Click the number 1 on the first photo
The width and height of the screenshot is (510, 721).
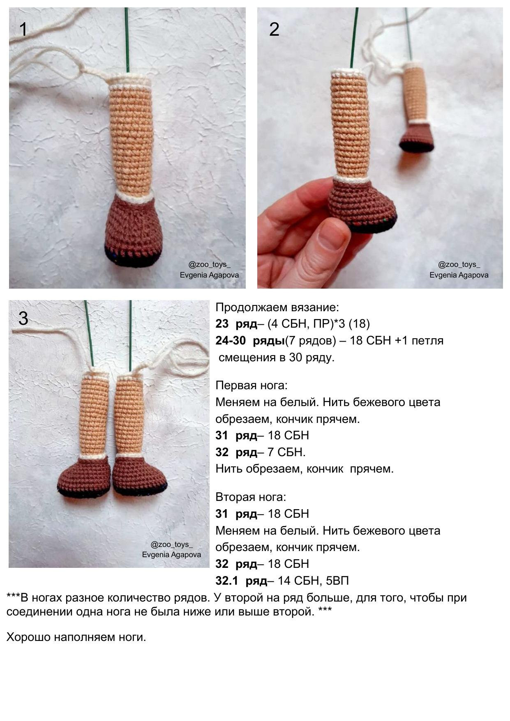[x=23, y=30]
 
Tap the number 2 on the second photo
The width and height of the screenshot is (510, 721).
[x=274, y=30]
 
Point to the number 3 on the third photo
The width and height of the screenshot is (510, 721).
[x=23, y=319]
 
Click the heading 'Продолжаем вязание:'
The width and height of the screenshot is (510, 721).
[x=277, y=307]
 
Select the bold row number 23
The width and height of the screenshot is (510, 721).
[x=222, y=324]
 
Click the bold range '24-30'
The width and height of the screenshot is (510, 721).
[x=231, y=341]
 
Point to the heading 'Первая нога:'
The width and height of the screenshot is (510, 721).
[x=252, y=386]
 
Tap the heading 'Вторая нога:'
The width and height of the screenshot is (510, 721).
[x=251, y=497]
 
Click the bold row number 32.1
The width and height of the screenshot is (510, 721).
[x=227, y=581]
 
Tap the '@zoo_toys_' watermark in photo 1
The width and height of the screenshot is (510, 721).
[x=209, y=265]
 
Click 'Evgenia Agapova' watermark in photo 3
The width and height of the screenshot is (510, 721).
[x=171, y=555]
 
